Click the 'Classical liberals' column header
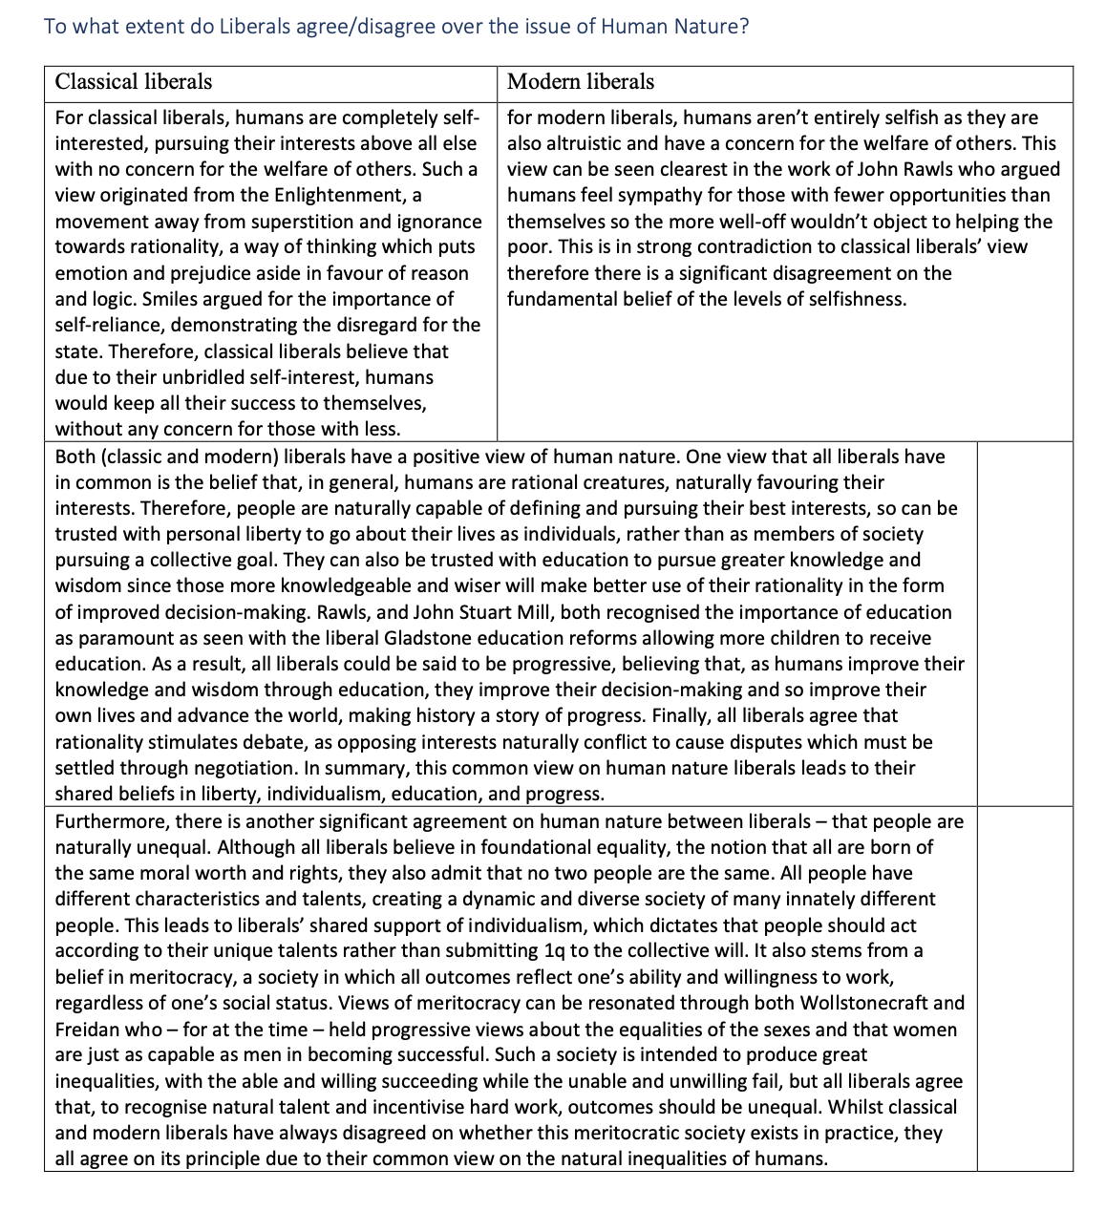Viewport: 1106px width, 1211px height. coord(134,82)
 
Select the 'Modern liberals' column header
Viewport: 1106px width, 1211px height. coord(581,82)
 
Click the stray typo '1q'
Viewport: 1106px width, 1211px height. coord(555,951)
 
